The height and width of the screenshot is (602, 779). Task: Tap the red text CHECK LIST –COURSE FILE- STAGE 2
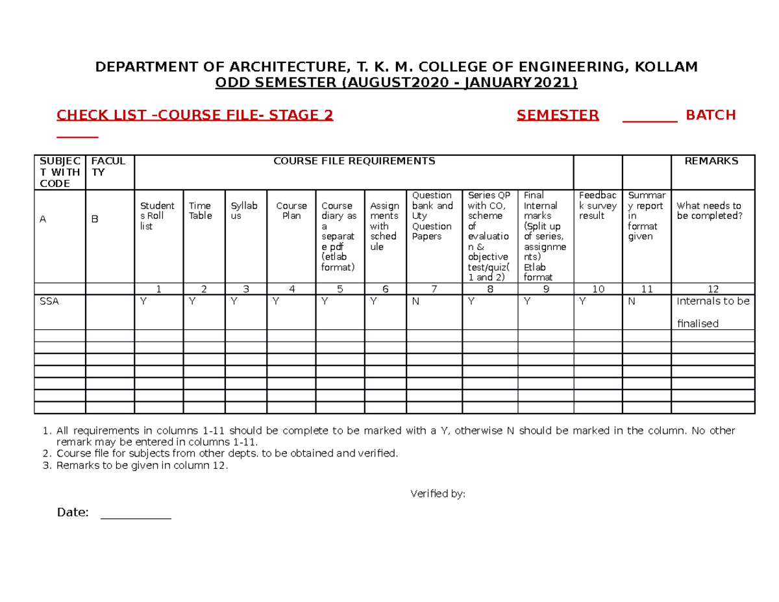[x=195, y=116]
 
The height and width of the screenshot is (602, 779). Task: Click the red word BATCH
[x=711, y=116]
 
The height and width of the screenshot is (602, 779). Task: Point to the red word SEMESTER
[x=558, y=116]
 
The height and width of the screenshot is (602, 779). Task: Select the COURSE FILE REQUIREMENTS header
[x=354, y=161]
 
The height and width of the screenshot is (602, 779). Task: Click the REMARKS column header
[x=711, y=161]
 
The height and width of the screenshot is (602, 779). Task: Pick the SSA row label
[x=49, y=301]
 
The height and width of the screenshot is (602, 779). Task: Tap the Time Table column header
[x=200, y=211]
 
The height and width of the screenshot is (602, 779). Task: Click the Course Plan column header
[x=291, y=211]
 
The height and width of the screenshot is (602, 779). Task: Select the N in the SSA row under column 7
[x=415, y=301]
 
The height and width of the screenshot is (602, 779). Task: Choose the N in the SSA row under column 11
[x=631, y=301]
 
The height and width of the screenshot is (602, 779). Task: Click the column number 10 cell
[x=598, y=290]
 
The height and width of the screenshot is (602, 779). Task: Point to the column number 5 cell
[x=340, y=290]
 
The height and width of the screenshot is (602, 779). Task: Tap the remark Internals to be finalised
[x=712, y=312]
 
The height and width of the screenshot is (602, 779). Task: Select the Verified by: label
[x=438, y=494]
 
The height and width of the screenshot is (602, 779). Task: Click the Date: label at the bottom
[x=73, y=512]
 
